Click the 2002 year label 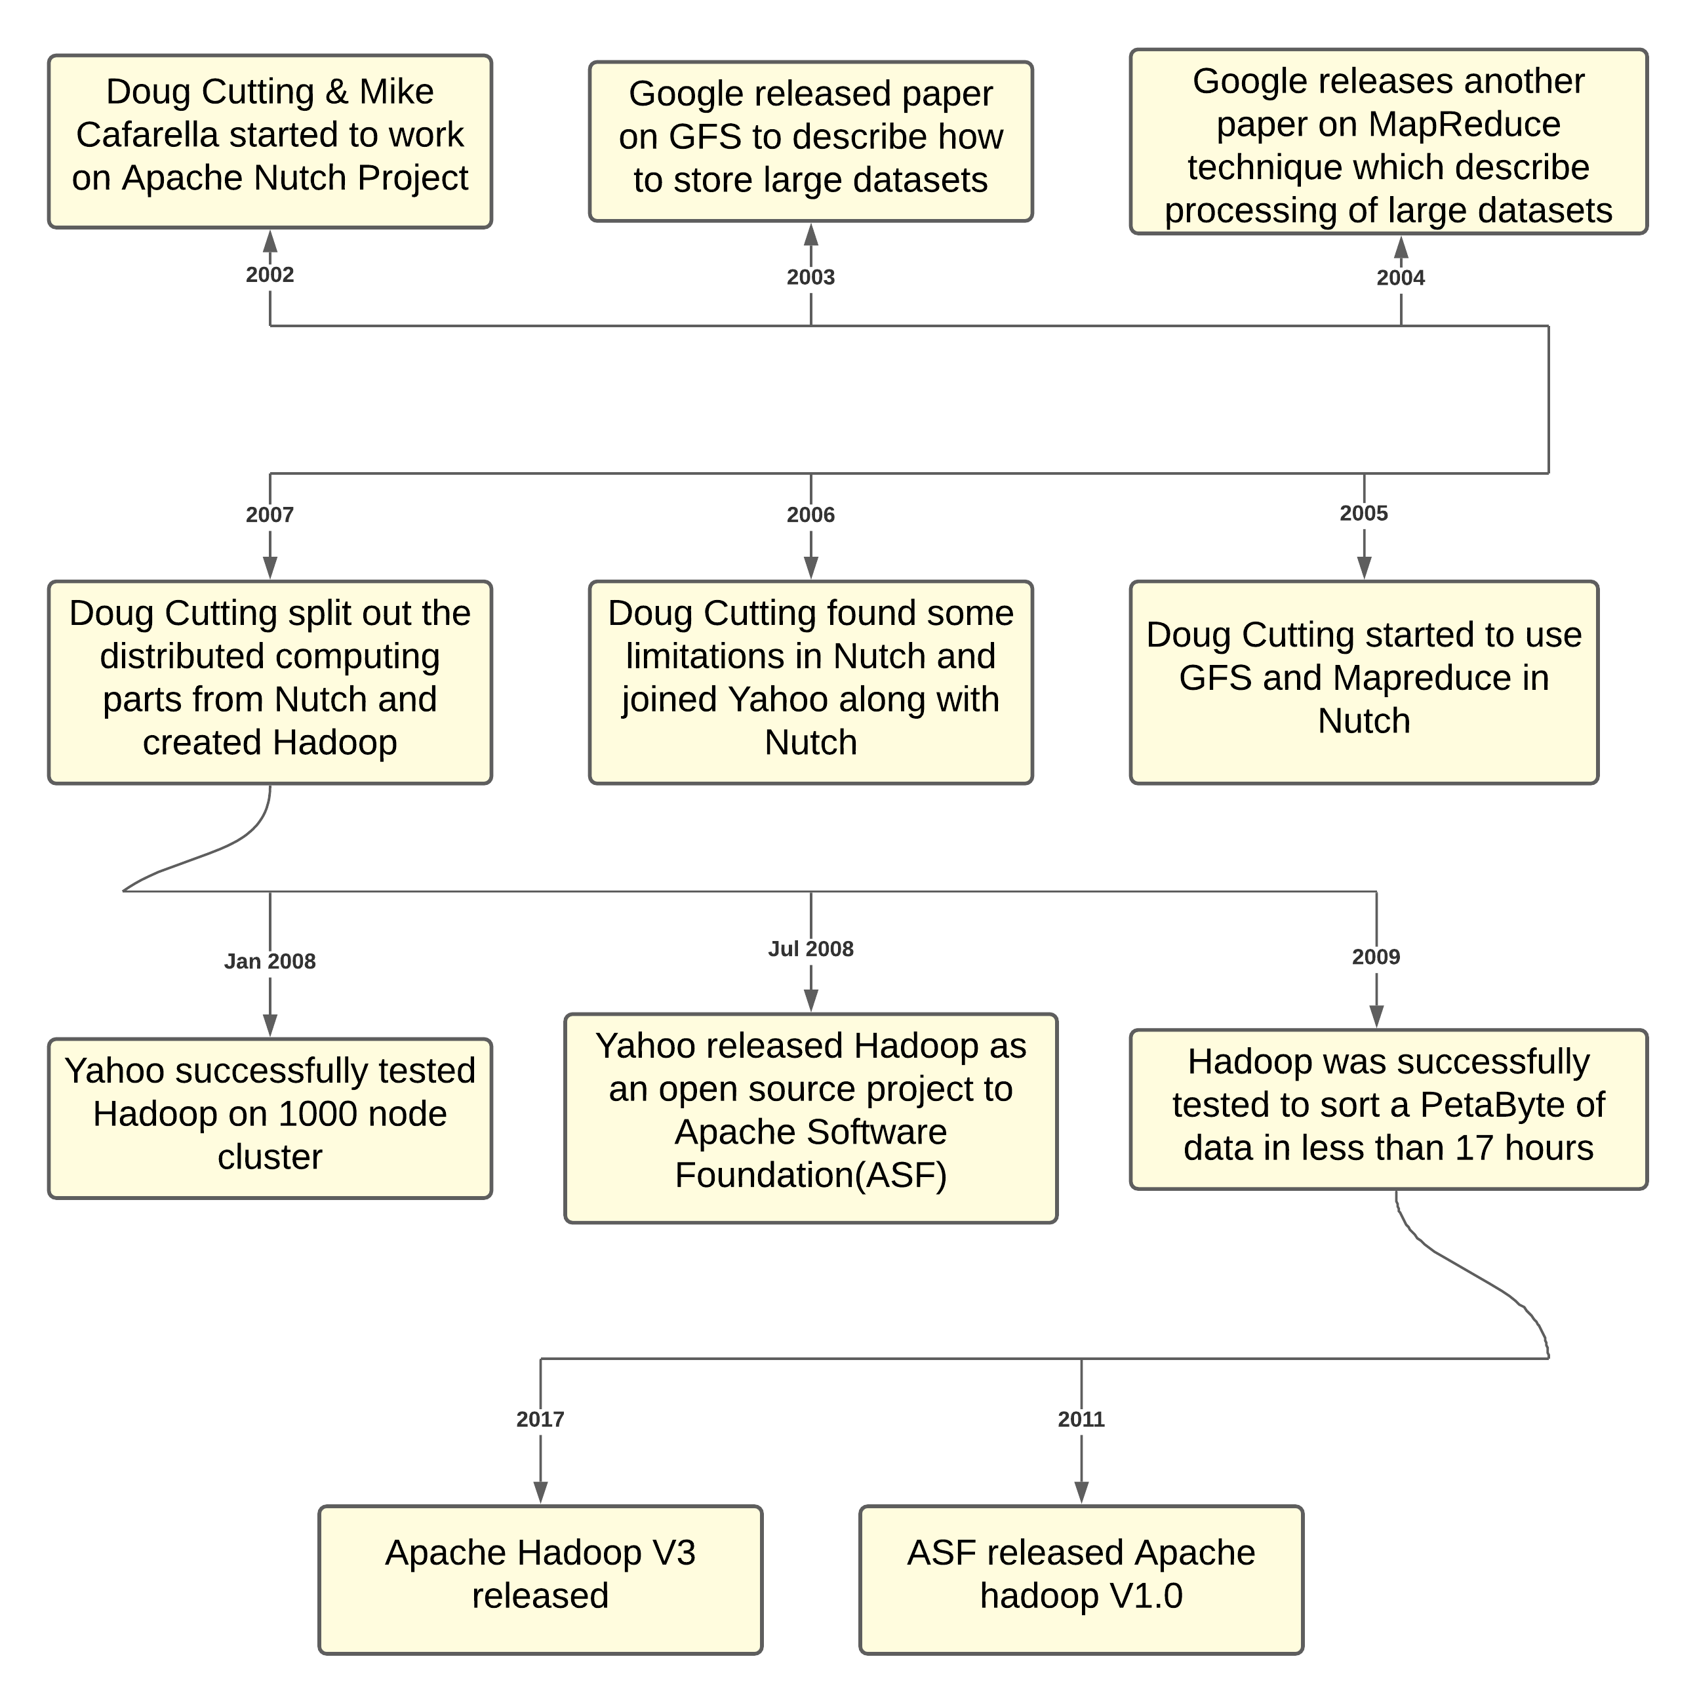click(270, 274)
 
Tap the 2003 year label click(810, 277)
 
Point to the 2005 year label click(1363, 513)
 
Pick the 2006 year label click(810, 515)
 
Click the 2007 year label click(270, 515)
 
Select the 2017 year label click(540, 1419)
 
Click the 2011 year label click(1081, 1419)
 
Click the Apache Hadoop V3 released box click(540, 1580)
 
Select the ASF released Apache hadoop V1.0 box click(1081, 1580)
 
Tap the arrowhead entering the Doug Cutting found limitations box click(811, 568)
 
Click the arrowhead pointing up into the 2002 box click(270, 241)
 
